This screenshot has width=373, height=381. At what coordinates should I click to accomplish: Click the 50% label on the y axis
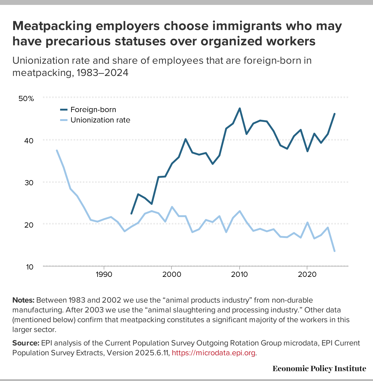tap(26, 99)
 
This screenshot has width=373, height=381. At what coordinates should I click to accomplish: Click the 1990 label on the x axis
tap(104, 274)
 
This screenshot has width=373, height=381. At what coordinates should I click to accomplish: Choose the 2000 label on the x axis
tap(171, 274)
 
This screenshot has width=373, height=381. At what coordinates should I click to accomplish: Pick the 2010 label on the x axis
tap(239, 274)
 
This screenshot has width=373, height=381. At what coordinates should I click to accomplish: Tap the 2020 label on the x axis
tap(307, 274)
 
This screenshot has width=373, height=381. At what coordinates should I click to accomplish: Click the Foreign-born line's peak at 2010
tap(240, 108)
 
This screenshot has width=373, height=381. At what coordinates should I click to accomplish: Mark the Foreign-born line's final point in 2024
tap(334, 114)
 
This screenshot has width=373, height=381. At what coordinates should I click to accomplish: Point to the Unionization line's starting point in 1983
tap(57, 150)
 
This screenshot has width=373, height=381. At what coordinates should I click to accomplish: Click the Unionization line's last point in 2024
tap(334, 251)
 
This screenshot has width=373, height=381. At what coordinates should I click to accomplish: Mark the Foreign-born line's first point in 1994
tap(131, 213)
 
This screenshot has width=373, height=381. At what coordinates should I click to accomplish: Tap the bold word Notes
tap(23, 300)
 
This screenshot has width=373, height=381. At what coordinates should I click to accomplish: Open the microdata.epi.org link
tap(214, 353)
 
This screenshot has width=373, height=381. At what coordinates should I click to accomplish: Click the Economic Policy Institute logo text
tap(319, 368)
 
